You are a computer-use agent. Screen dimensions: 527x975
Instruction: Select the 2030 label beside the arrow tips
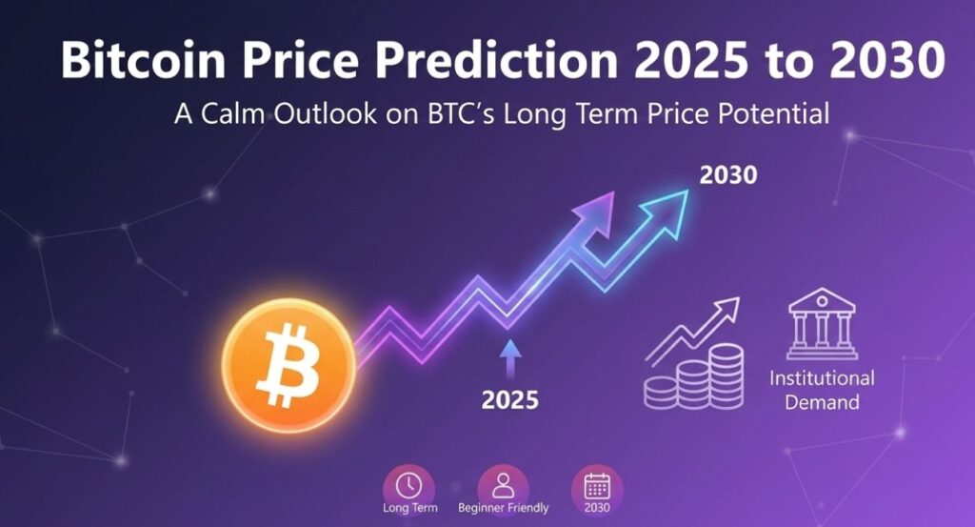point(727,175)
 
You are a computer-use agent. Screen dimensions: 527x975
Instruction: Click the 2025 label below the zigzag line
point(509,400)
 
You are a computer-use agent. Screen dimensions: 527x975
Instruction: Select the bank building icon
point(820,325)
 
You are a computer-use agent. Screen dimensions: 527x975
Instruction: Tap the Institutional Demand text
point(821,390)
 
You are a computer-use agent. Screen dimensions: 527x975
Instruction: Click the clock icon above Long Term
point(408,484)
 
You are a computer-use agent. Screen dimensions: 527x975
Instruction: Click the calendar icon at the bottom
point(597,484)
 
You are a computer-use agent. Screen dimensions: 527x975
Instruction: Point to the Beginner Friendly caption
point(503,509)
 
